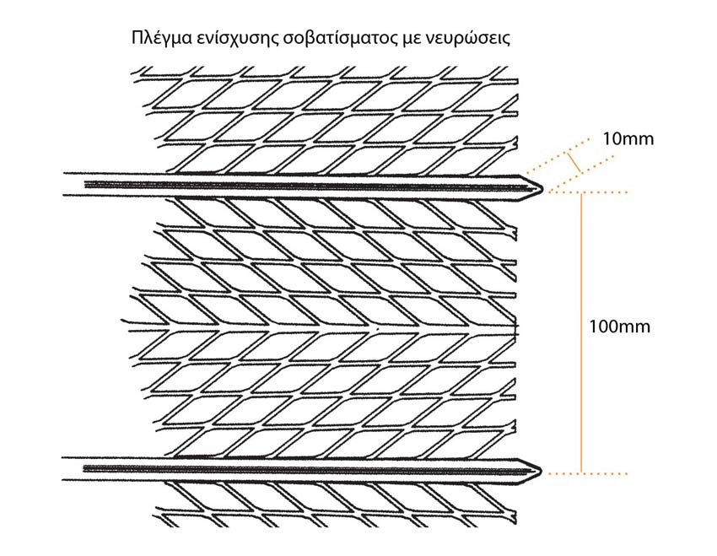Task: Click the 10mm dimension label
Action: click(628, 138)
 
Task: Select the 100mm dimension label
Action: click(619, 327)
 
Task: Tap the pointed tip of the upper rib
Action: click(542, 187)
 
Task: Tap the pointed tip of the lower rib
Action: click(542, 471)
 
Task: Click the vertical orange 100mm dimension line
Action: click(581, 333)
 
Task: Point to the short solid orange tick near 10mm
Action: click(574, 163)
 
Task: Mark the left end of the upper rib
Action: click(63, 184)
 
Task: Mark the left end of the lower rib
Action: click(62, 468)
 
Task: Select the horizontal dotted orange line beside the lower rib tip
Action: click(588, 473)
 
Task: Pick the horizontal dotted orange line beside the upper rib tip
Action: click(588, 192)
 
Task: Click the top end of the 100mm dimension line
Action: click(581, 193)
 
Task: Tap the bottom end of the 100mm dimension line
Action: click(581, 473)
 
